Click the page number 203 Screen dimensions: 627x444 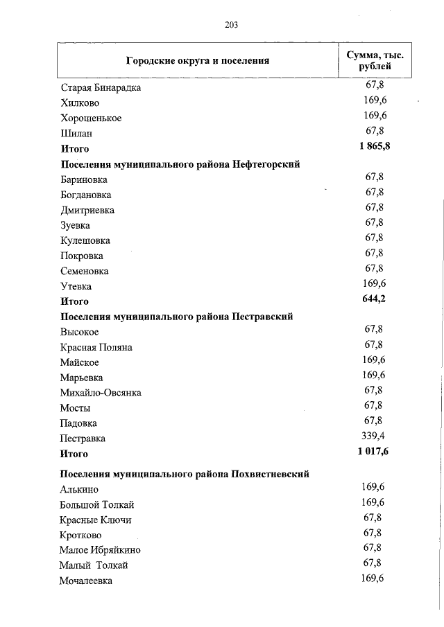pyautogui.click(x=232, y=26)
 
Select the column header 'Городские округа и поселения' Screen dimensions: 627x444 pyautogui.click(x=198, y=60)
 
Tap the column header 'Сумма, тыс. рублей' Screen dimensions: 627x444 pyautogui.click(x=375, y=60)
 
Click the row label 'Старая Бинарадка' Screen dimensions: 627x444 pyautogui.click(x=101, y=88)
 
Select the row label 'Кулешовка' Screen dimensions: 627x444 pyautogui.click(x=85, y=240)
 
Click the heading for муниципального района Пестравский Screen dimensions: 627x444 pyautogui.click(x=177, y=317)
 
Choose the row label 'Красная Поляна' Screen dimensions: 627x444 pyautogui.click(x=96, y=347)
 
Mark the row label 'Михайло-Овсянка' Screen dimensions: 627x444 pyautogui.click(x=101, y=393)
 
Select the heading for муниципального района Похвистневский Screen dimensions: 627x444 pyautogui.click(x=185, y=474)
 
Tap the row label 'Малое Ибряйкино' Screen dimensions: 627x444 pyautogui.click(x=101, y=550)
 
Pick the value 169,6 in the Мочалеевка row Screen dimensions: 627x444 pyautogui.click(x=373, y=579)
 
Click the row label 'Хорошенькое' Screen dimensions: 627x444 pyautogui.click(x=91, y=118)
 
